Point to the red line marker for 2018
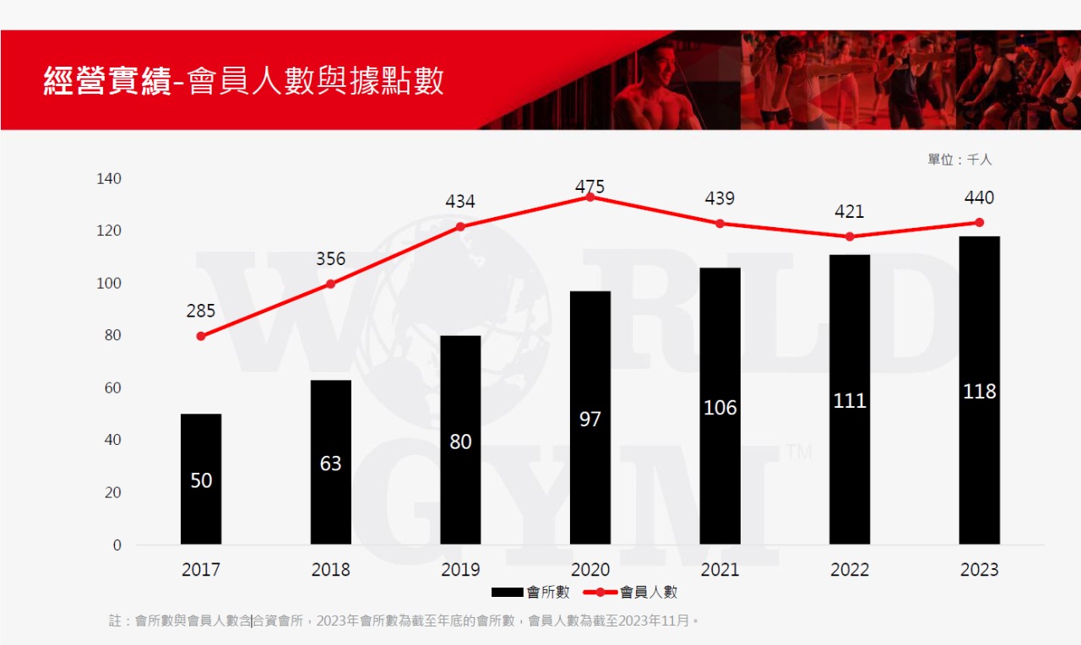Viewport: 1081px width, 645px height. pyautogui.click(x=331, y=284)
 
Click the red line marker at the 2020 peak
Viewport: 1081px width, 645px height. pyautogui.click(x=590, y=197)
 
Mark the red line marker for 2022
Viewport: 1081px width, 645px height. pyautogui.click(x=850, y=236)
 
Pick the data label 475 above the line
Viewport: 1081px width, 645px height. pyautogui.click(x=590, y=187)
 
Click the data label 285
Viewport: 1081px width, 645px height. pyautogui.click(x=201, y=311)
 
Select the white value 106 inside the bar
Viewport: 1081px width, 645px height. pyautogui.click(x=720, y=408)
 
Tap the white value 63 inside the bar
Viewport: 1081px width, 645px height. pyautogui.click(x=331, y=463)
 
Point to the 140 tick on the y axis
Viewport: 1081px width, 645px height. pyautogui.click(x=109, y=179)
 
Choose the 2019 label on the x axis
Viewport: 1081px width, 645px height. pyautogui.click(x=460, y=570)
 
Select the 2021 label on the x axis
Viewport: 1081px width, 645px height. pyautogui.click(x=720, y=570)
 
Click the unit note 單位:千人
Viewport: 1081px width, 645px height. pyautogui.click(x=960, y=160)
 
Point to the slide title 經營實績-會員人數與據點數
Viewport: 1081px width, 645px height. pyautogui.click(x=244, y=82)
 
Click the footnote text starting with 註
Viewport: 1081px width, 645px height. pyautogui.click(x=404, y=621)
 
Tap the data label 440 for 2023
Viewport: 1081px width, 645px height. pyautogui.click(x=979, y=198)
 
